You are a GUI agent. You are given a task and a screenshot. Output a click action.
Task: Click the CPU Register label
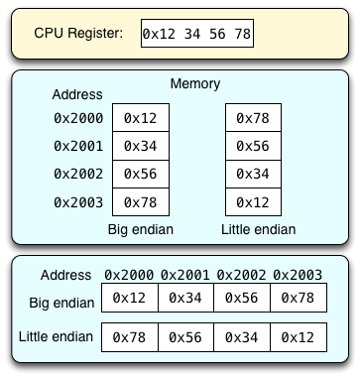pos(78,33)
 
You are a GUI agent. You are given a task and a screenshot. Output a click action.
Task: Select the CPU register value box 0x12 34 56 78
pos(196,33)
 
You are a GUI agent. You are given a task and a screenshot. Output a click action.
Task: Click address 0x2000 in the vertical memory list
pos(76,118)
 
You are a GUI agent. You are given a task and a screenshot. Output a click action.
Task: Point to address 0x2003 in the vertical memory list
pos(76,201)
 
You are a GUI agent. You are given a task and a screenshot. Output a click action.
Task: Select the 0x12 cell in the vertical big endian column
pos(141,118)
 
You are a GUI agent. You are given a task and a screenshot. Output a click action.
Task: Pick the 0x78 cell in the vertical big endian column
pos(141,202)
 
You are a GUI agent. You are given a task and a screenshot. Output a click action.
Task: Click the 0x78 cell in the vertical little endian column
pos(252,118)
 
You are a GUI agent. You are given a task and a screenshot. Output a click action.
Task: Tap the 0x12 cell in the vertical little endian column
pos(252,202)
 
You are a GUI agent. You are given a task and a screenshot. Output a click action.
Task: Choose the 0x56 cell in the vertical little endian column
pos(252,146)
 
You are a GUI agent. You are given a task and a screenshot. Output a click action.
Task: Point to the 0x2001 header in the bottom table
pos(185,275)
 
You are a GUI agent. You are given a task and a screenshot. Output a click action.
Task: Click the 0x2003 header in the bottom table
pos(298,275)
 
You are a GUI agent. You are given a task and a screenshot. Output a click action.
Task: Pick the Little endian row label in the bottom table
pos(56,337)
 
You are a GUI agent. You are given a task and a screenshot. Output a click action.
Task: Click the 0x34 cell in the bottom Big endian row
pos(185,298)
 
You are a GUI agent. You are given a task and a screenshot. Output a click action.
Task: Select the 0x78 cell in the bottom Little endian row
pos(129,337)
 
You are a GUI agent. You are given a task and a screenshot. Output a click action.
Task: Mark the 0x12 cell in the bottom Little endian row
pos(299,337)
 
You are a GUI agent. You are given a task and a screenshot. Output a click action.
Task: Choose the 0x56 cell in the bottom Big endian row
pos(242,298)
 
